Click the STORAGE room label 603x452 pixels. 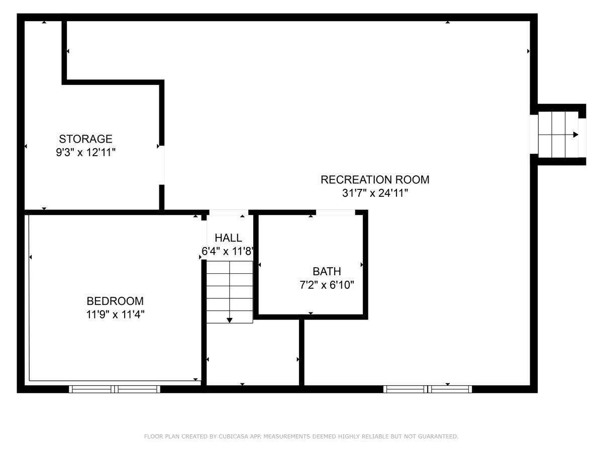click(85, 139)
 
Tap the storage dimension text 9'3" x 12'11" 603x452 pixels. click(85, 152)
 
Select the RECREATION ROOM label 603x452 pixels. click(375, 180)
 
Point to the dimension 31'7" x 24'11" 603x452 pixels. click(375, 193)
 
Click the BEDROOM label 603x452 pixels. click(115, 301)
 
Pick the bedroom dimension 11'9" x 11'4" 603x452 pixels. click(115, 314)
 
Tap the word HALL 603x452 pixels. click(228, 238)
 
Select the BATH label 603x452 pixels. click(327, 272)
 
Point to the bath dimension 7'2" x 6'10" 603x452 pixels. click(327, 285)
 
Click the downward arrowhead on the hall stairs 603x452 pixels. click(230, 319)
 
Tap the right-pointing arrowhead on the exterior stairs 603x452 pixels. click(576, 135)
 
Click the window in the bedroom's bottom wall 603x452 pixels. click(115, 389)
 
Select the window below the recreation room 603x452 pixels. click(428, 389)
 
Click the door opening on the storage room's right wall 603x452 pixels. click(162, 166)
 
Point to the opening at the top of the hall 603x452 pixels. click(228, 212)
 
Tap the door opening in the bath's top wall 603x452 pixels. click(336, 212)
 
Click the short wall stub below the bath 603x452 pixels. click(301, 352)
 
